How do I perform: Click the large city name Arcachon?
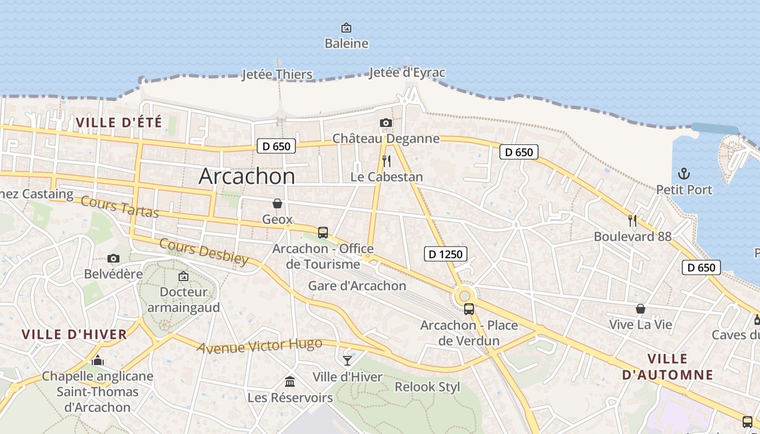click(x=247, y=176)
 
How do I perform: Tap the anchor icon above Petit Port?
click(x=684, y=174)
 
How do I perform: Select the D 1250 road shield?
click(x=445, y=253)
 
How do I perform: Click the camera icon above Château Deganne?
click(x=386, y=123)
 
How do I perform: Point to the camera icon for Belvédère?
click(x=113, y=259)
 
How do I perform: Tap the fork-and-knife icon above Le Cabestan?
click(x=386, y=161)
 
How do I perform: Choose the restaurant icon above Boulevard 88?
click(x=632, y=221)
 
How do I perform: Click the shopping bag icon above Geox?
click(x=277, y=203)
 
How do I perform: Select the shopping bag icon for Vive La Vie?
click(x=641, y=309)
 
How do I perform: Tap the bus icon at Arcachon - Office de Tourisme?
click(x=323, y=233)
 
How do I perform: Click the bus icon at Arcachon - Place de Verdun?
click(x=469, y=309)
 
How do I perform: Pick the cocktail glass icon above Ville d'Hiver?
click(x=347, y=361)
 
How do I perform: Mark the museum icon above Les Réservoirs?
click(x=290, y=382)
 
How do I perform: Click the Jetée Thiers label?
click(x=277, y=74)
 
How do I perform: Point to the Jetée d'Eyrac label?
click(x=407, y=73)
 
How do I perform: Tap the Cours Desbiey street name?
click(x=204, y=252)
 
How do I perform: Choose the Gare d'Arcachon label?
click(x=357, y=286)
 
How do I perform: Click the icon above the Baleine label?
click(x=346, y=28)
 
